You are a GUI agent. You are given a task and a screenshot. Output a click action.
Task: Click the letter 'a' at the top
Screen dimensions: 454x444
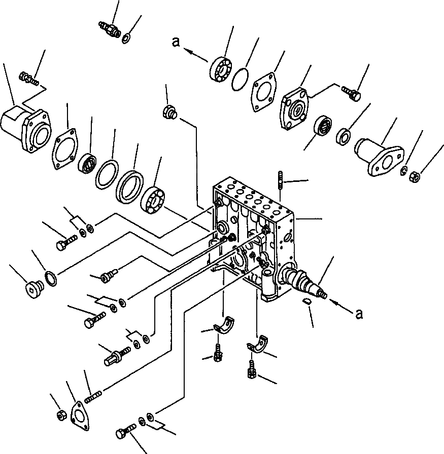coord(176,43)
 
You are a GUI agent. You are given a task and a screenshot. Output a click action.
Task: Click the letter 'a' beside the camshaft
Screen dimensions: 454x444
coord(360,314)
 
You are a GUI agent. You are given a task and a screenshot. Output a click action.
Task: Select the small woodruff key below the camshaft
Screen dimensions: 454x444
coord(305,302)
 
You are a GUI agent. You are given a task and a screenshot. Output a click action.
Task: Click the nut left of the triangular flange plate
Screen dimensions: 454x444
coord(60,414)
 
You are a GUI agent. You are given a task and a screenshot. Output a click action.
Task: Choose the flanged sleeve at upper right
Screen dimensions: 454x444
coord(378,156)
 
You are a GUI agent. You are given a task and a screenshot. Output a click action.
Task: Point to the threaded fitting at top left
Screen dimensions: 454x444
coord(110,29)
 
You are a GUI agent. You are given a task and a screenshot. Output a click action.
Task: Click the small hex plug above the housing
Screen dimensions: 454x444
coord(169,111)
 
